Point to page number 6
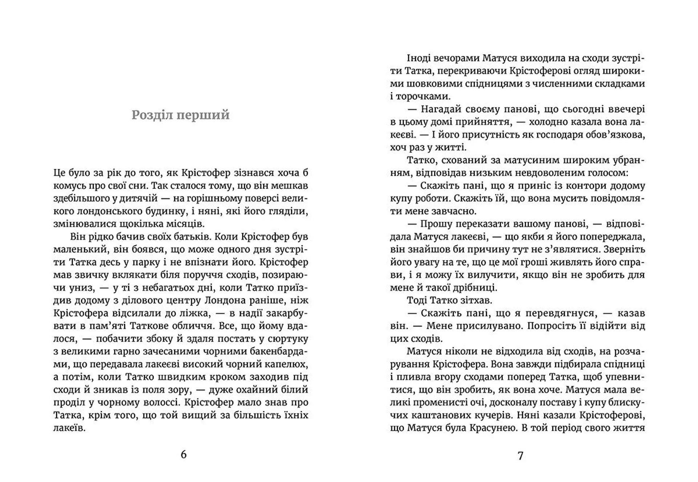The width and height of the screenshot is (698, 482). (184, 454)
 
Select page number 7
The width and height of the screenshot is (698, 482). (520, 455)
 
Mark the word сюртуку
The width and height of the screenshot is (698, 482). (288, 338)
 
